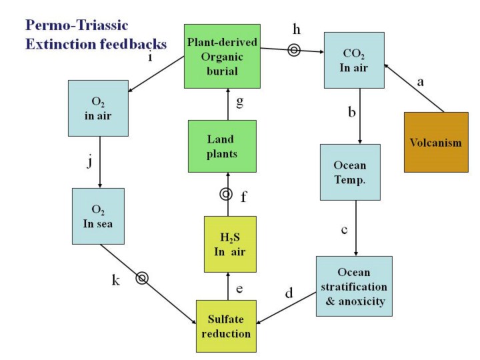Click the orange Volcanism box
436,143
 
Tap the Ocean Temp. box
350,171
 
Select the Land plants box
222,145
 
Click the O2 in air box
98,107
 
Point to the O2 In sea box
98,215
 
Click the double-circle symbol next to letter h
293,49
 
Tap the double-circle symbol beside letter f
226,194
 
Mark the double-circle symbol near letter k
142,277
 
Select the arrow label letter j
89,162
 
